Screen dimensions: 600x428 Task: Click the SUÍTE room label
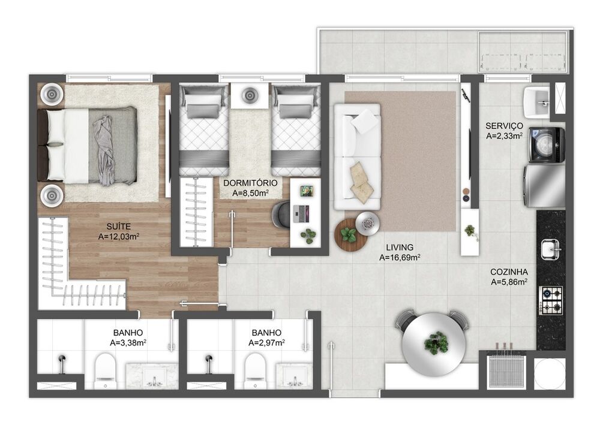click(x=119, y=227)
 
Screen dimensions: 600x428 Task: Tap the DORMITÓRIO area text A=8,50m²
click(x=250, y=194)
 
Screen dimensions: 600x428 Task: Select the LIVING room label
click(x=400, y=248)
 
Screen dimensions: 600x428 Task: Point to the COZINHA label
click(x=509, y=272)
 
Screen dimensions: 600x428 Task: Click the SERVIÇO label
click(x=504, y=126)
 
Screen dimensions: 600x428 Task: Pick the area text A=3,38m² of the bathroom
click(x=128, y=343)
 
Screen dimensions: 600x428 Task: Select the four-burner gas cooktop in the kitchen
click(x=551, y=300)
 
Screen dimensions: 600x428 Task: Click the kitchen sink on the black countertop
click(x=551, y=249)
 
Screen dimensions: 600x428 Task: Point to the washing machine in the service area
click(x=547, y=144)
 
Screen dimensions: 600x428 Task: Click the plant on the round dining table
click(x=436, y=342)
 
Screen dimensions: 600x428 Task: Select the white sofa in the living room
click(x=358, y=156)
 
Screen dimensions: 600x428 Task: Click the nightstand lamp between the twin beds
click(x=250, y=94)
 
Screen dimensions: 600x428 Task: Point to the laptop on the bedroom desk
click(x=301, y=213)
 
